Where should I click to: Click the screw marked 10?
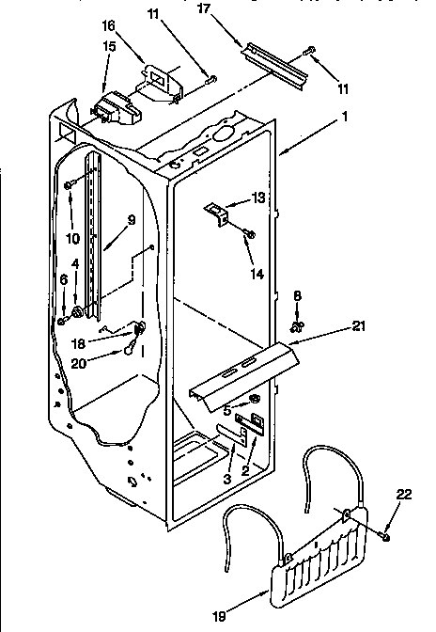pos(70,188)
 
